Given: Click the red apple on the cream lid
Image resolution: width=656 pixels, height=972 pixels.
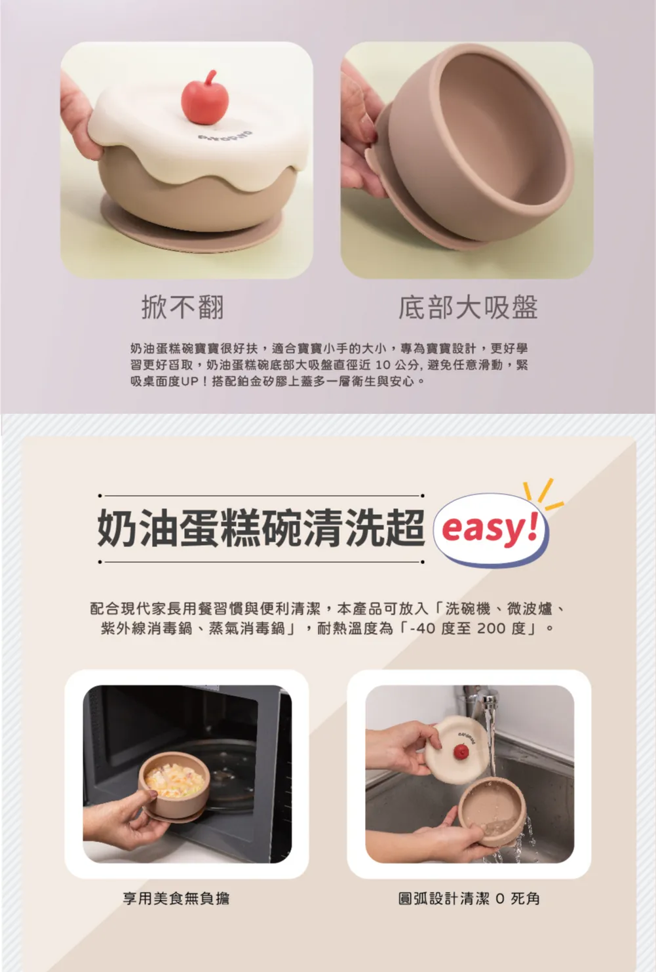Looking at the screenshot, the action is (x=205, y=97).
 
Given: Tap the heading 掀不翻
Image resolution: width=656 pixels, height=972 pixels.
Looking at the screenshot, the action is (x=183, y=307).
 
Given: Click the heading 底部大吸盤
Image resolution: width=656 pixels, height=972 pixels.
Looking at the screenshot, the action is (x=468, y=307).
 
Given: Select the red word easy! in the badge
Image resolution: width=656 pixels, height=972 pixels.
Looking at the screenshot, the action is (x=490, y=528).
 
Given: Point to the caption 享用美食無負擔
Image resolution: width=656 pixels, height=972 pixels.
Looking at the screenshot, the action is (x=176, y=898).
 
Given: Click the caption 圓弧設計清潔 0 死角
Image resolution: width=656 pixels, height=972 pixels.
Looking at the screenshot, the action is (x=469, y=898).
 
